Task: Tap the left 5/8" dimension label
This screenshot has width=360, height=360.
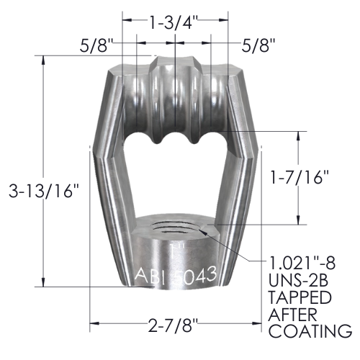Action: click(96, 45)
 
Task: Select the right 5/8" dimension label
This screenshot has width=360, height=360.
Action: click(258, 45)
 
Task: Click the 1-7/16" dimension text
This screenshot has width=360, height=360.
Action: click(299, 177)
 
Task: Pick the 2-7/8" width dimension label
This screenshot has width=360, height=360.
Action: click(173, 325)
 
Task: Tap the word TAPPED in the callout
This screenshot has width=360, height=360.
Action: click(300, 297)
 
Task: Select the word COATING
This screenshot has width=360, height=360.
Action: click(310, 331)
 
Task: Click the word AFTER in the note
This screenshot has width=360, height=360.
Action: click(292, 314)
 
